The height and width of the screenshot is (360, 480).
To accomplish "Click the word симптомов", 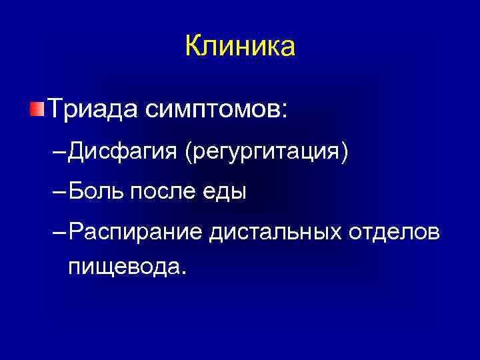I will click(x=209, y=109).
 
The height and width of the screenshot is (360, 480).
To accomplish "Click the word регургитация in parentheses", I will click(x=267, y=153).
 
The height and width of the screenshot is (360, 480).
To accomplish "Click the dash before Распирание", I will click(x=59, y=233).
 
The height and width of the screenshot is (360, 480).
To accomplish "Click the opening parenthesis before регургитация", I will click(x=189, y=153).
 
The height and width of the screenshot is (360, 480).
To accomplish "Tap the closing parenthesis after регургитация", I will click(x=345, y=153).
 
